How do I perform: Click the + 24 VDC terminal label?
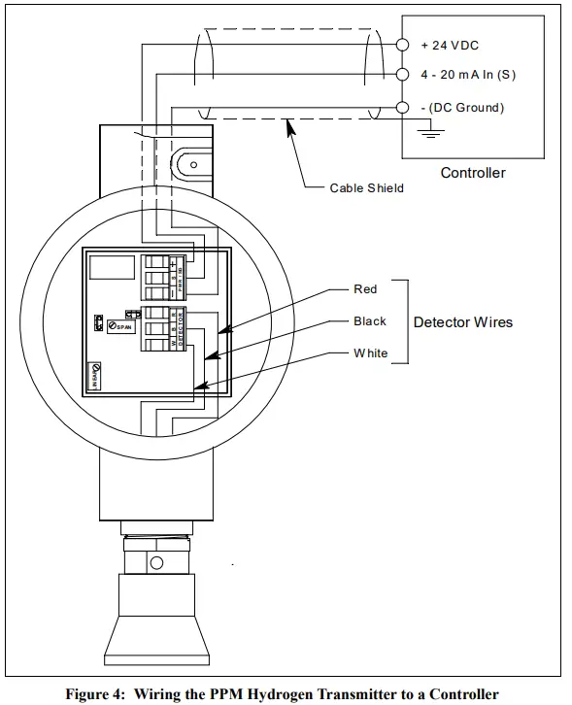click(x=450, y=45)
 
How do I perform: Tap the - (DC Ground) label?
click(x=461, y=107)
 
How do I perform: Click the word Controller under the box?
click(x=473, y=173)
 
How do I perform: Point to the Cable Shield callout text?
click(x=366, y=187)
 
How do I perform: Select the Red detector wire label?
click(x=365, y=289)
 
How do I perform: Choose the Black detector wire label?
click(x=369, y=321)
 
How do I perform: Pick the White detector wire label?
click(x=370, y=353)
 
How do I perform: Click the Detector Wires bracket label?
click(x=462, y=321)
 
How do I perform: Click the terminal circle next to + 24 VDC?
click(x=403, y=45)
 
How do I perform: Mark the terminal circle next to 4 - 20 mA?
click(x=403, y=75)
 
